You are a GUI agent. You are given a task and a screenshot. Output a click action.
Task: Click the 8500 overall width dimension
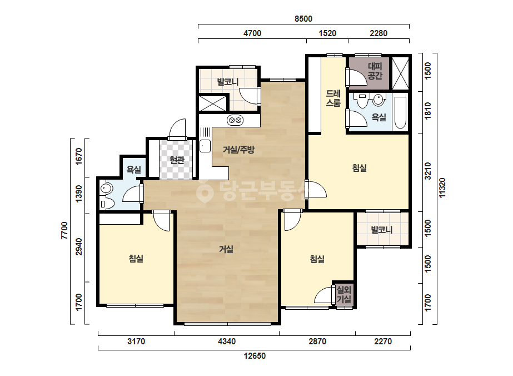303,19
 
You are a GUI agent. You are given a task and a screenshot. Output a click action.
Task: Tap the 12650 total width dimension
255,355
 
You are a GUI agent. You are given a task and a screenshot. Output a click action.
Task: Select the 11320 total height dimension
442,187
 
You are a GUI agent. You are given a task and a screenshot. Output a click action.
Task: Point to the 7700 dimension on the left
64,231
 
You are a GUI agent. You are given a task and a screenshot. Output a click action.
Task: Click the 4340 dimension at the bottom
226,342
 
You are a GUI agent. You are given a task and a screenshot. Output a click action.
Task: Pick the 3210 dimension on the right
427,171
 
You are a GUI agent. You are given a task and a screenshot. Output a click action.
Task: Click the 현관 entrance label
177,160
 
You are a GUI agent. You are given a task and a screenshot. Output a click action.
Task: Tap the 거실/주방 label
238,150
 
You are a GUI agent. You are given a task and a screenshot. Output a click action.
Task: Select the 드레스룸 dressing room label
333,98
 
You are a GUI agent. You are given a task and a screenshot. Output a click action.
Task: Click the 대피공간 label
375,71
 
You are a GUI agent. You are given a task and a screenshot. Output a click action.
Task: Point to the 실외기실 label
344,294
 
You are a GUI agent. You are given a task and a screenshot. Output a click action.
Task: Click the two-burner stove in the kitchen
235,121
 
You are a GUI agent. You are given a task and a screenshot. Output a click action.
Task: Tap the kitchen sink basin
205,146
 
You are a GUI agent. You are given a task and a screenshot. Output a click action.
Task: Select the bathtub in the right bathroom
400,113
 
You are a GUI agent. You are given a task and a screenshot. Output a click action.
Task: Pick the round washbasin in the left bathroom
107,189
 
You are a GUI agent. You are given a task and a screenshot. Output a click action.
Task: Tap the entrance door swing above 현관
177,128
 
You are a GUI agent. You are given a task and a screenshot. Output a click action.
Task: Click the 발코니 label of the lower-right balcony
382,230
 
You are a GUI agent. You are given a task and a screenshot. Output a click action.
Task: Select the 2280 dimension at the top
378,33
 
